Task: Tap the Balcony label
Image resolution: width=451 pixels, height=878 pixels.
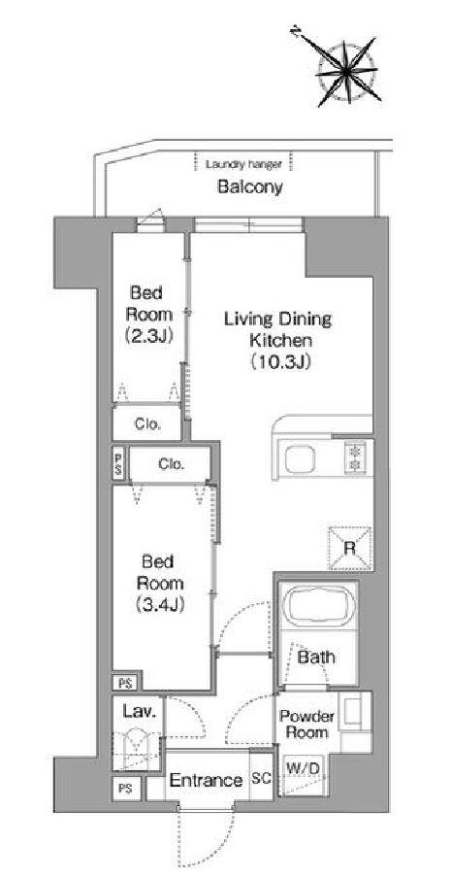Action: click(x=250, y=187)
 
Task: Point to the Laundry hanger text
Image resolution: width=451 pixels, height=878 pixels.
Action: click(x=243, y=165)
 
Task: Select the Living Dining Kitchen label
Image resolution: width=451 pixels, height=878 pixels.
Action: click(x=277, y=328)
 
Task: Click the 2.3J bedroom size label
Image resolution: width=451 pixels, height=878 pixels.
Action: click(x=148, y=335)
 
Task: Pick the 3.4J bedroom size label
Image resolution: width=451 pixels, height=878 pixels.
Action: click(x=160, y=604)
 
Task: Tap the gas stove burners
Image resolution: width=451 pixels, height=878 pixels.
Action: click(x=354, y=456)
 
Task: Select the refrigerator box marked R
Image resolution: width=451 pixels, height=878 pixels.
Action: click(x=350, y=548)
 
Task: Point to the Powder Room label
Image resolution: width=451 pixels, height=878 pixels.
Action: click(x=306, y=724)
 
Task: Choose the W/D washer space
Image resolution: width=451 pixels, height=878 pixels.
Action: click(x=303, y=775)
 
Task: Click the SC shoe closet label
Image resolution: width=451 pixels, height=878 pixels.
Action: click(x=262, y=778)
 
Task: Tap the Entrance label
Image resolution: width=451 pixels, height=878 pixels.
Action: click(x=206, y=780)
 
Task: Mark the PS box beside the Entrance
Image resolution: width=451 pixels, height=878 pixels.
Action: click(x=126, y=789)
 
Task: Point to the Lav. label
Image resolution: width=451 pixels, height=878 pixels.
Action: click(x=135, y=713)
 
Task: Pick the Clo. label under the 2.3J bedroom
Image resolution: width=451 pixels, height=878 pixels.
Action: click(x=148, y=423)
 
